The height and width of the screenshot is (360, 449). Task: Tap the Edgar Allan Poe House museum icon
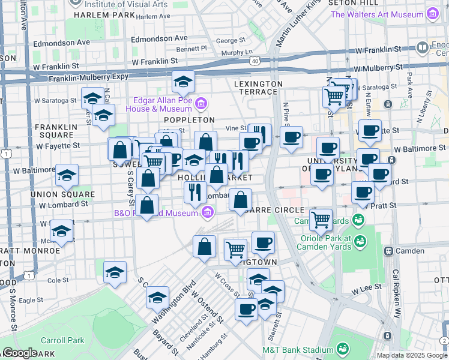coord(201,105)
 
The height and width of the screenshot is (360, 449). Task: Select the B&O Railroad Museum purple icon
coord(208,211)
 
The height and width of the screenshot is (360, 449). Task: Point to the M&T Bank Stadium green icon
coord(342,349)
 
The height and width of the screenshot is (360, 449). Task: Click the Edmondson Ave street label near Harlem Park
coord(61,43)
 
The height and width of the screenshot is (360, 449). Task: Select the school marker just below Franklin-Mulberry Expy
coord(183,81)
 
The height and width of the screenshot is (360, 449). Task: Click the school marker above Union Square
coord(67,175)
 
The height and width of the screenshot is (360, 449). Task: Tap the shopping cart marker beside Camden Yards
coord(321,219)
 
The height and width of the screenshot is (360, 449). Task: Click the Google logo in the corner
coord(20,353)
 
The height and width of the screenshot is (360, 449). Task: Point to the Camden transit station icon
coord(388,250)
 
